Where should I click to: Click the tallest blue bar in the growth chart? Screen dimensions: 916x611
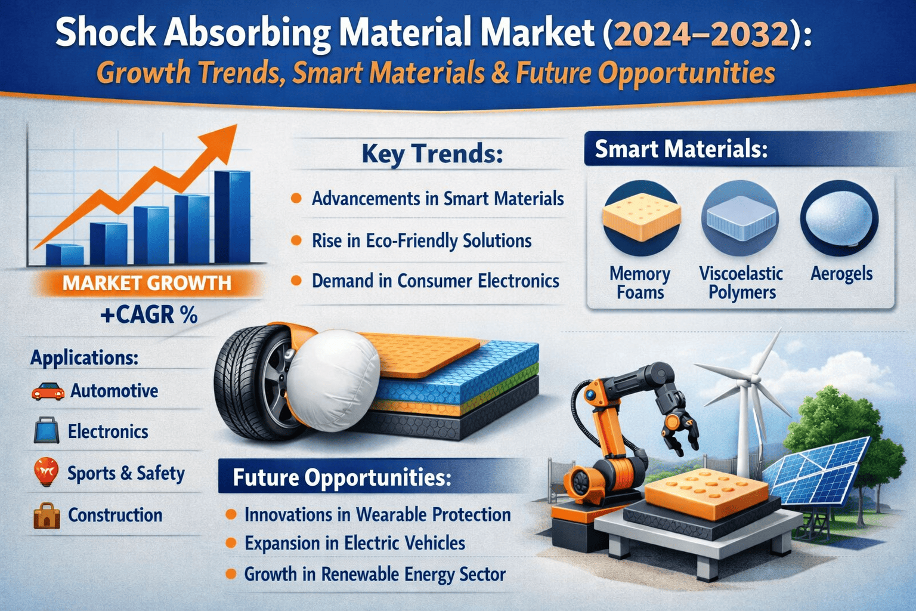click(232, 217)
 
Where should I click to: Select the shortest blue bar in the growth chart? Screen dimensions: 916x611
click(64, 255)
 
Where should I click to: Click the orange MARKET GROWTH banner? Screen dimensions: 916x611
click(147, 283)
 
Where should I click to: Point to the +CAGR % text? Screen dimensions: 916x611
click(149, 316)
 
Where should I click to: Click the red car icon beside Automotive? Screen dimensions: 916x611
click(48, 391)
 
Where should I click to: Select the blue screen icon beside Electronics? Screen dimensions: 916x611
click(46, 431)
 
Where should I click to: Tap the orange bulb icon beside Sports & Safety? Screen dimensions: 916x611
click(46, 471)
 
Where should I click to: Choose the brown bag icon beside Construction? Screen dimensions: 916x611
click(47, 516)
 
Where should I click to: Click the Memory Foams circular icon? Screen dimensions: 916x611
click(642, 218)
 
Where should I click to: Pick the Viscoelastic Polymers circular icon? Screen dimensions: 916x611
click(740, 218)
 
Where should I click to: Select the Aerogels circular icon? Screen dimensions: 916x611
click(839, 218)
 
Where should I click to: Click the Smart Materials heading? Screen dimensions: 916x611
click(681, 149)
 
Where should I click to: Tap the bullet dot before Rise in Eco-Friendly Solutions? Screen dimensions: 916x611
click(296, 240)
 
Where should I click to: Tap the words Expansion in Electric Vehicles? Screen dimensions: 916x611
click(355, 543)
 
